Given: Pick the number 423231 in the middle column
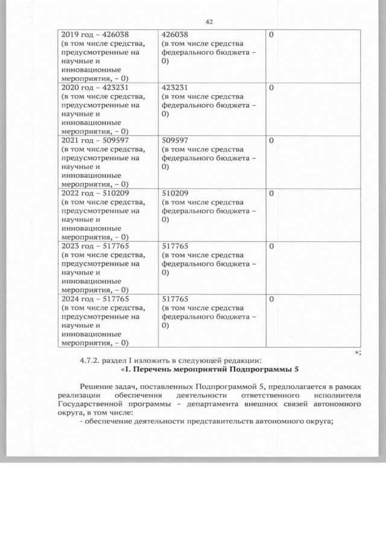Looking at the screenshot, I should coord(176,88).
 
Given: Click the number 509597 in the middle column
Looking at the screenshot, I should coord(176,141).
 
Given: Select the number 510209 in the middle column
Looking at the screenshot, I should coord(176,194).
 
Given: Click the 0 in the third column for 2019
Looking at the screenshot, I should coord(271,35).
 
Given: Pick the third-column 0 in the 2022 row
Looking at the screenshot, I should coord(271,194).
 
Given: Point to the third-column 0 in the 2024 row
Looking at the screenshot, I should coord(271,299).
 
